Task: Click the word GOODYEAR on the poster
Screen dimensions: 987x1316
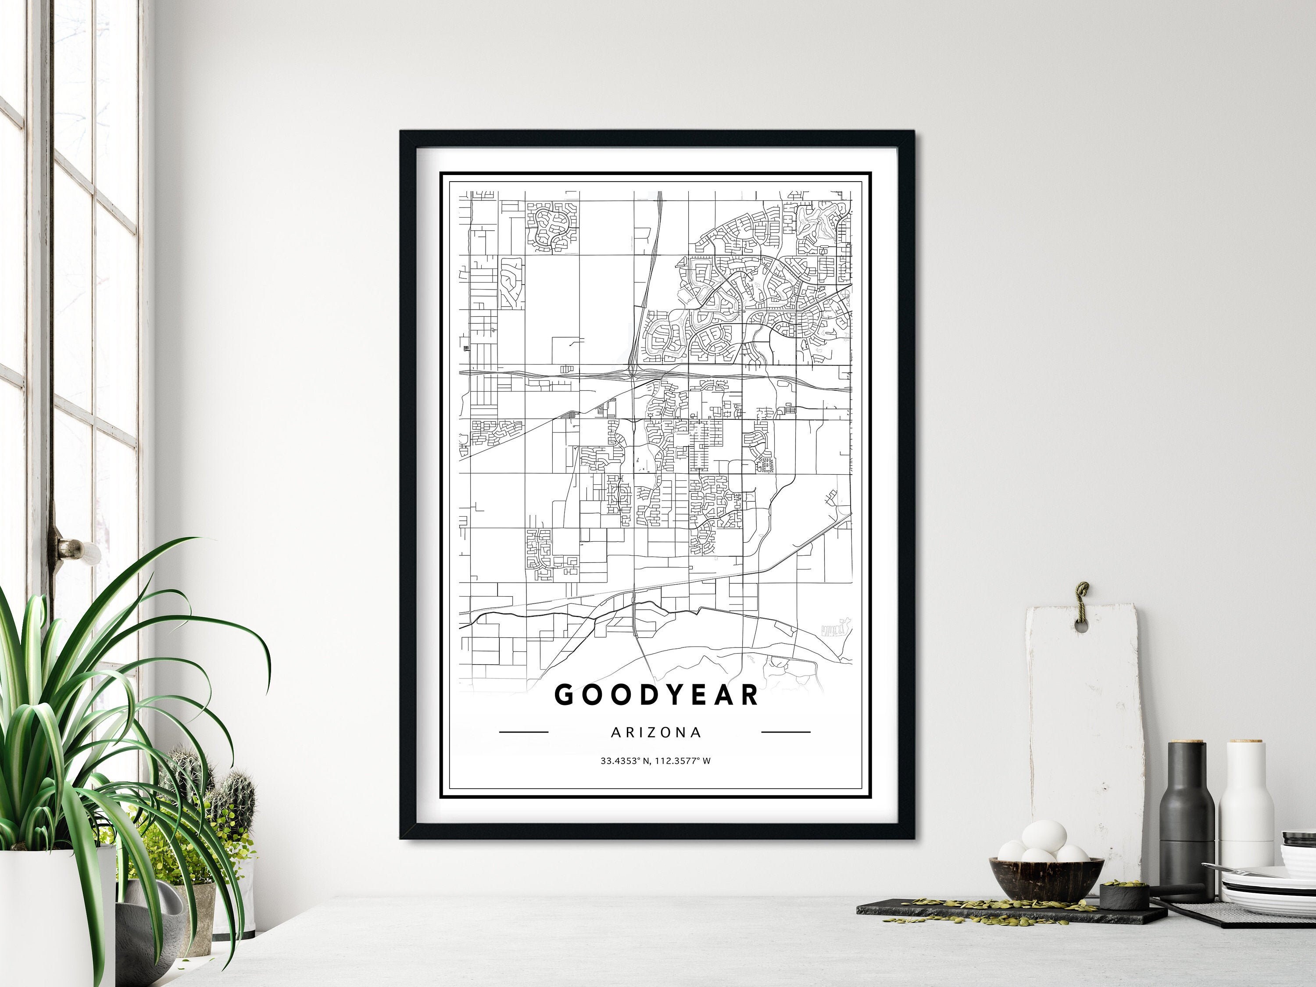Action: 656,695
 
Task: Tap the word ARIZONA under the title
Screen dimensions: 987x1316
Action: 656,733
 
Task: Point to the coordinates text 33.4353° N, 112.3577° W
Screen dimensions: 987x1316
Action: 656,760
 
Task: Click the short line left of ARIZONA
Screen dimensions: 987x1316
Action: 523,732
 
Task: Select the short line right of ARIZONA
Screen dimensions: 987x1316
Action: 786,732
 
